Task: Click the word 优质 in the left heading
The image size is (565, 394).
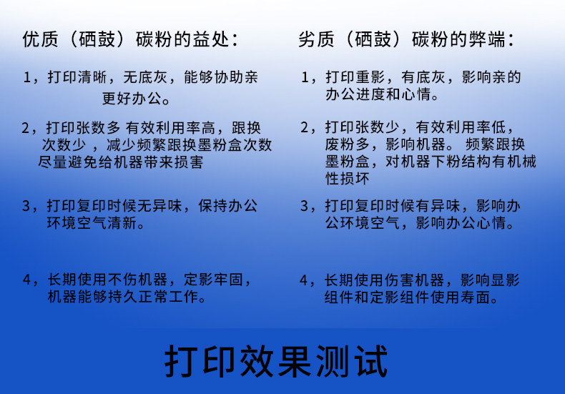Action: pos(40,39)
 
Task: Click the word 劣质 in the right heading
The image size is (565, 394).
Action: pos(316,39)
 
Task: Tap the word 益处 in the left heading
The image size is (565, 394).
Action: pos(211,39)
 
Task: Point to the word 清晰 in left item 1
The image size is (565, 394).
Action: pos(92,77)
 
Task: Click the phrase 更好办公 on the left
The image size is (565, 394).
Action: pos(132,98)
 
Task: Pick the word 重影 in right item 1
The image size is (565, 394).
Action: pos(370,77)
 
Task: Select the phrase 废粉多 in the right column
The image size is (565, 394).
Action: pos(348,144)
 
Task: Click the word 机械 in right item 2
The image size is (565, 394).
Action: pos(522,162)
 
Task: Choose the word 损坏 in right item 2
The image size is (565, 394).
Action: pos(348,179)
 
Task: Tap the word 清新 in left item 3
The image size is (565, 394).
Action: pos(122,223)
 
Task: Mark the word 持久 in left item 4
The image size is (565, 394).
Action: pos(123,297)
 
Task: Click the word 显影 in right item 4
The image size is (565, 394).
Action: pos(505,280)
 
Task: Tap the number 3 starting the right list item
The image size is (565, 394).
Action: pos(305,207)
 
